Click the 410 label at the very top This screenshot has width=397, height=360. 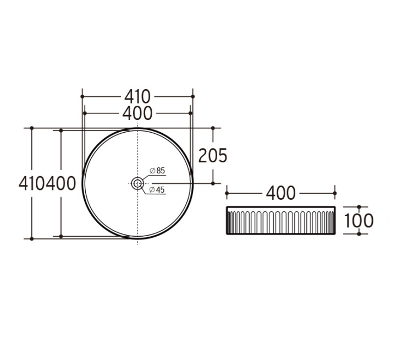[137, 96]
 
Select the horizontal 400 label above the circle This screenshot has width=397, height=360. [137, 113]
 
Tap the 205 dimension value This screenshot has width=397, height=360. [212, 156]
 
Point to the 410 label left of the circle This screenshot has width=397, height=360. [32, 183]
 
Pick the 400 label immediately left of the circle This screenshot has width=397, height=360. [61, 183]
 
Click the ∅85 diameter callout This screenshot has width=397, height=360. [157, 171]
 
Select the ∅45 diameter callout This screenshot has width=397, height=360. [157, 190]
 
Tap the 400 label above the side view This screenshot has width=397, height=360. [280, 193]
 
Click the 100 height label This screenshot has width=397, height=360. [359, 221]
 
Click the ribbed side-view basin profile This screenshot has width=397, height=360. [280, 220]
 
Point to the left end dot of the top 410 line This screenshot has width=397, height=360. [82, 96]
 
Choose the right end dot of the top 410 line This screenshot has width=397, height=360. [192, 96]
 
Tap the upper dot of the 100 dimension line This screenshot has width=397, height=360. [359, 208]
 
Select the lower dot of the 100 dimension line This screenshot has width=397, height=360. [359, 233]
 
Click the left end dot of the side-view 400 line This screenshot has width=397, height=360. [227, 193]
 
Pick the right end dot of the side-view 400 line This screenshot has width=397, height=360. [334, 193]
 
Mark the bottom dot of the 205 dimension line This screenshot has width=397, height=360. [213, 183]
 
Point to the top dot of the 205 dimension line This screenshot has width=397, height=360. [213, 128]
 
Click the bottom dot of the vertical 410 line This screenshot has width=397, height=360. [32, 239]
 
